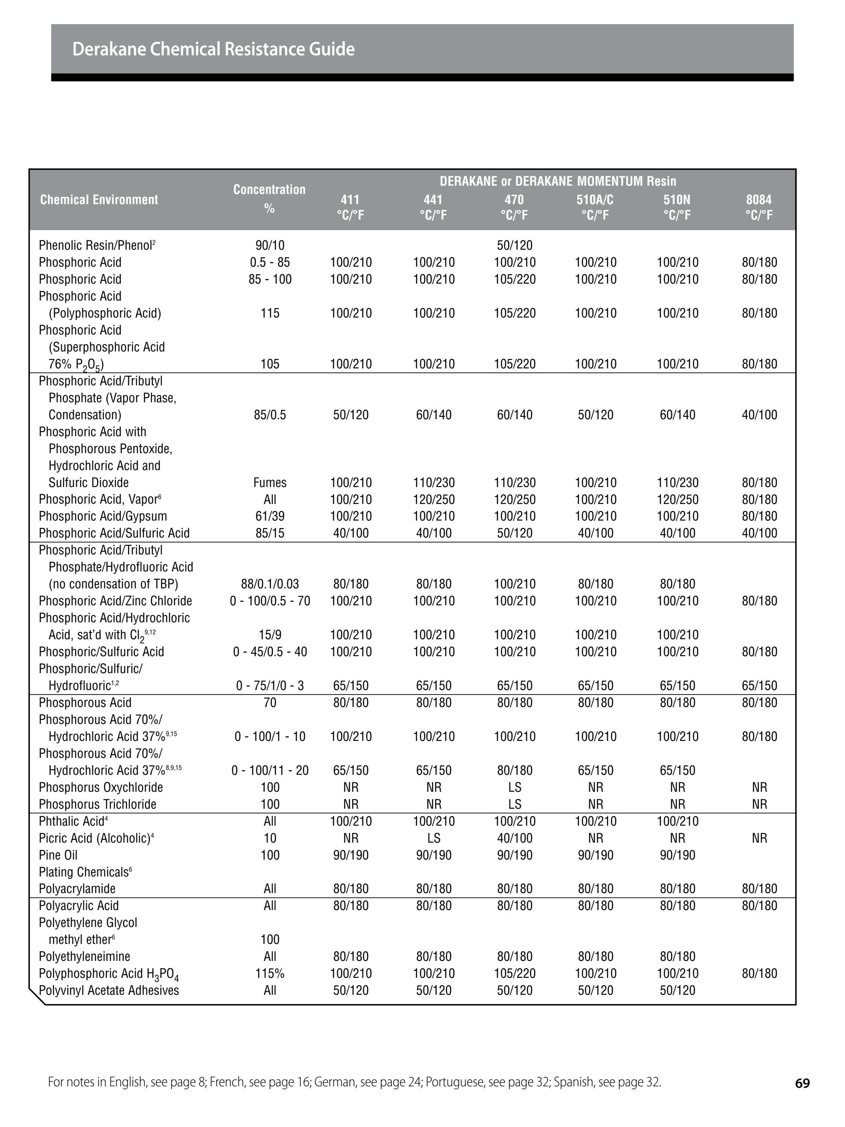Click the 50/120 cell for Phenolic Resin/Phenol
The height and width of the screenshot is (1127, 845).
coord(514,246)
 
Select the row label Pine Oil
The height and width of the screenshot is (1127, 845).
coord(58,855)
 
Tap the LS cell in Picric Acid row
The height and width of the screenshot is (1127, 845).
coord(433,838)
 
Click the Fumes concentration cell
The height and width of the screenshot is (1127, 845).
coord(270,483)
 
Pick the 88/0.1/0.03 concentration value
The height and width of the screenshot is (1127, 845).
coord(270,584)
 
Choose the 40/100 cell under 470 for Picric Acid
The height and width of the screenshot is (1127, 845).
coord(514,838)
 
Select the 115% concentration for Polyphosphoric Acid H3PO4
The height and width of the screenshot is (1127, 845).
coord(270,973)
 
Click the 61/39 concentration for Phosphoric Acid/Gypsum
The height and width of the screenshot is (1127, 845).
coord(270,516)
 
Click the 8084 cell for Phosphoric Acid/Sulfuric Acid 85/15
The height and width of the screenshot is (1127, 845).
coord(759,533)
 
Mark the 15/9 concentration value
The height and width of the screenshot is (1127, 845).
coord(270,635)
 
